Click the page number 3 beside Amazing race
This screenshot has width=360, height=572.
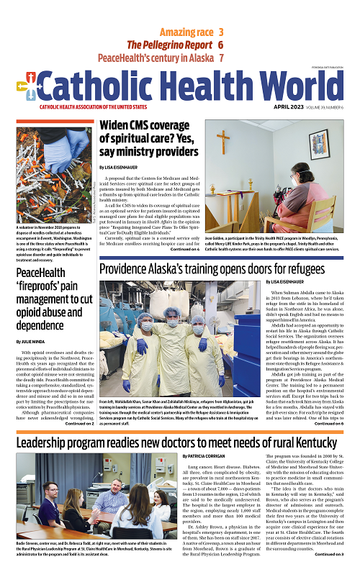[x=220, y=32]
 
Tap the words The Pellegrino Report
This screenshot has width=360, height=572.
[x=169, y=45]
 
